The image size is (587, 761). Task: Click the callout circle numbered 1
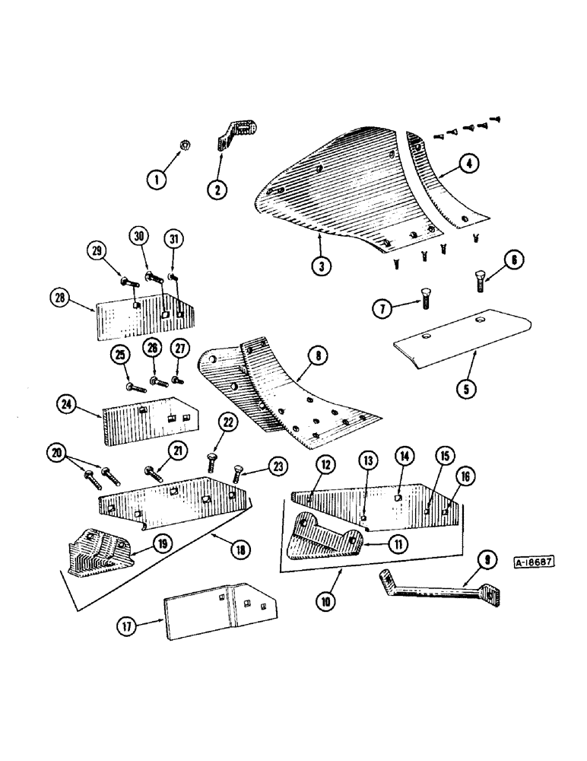(157, 180)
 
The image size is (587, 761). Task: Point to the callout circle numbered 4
(469, 164)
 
